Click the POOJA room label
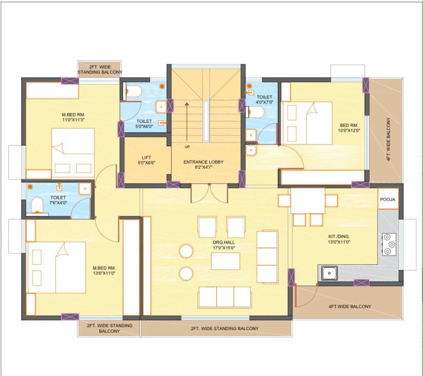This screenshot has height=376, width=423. coord(387,200)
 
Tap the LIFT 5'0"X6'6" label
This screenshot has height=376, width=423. coord(146,160)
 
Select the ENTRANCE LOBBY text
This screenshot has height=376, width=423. coord(204,162)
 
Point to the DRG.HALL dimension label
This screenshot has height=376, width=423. coord(224,248)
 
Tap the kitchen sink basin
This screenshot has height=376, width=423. coord(329,273)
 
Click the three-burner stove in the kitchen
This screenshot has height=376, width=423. coord(389,244)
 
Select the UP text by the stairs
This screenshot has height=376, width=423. coord(187,147)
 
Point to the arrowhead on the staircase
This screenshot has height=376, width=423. coord(187,104)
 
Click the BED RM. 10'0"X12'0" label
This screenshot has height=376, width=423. coord(349,128)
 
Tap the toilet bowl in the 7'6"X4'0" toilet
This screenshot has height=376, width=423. coord(37,205)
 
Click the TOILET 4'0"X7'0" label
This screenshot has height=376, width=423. coord(265,99)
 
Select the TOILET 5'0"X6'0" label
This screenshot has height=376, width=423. coord(144,124)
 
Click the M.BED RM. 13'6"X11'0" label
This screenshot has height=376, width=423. coord(104,271)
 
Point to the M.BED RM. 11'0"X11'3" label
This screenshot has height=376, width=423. coord(74,117)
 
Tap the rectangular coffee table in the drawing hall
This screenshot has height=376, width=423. coord(226,261)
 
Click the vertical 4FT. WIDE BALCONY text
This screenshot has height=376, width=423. coord(388,139)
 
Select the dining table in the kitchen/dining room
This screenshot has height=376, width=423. coord(308,200)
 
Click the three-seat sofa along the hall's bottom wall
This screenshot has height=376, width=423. coord(225,297)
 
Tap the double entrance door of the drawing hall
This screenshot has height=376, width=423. coord(209,193)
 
